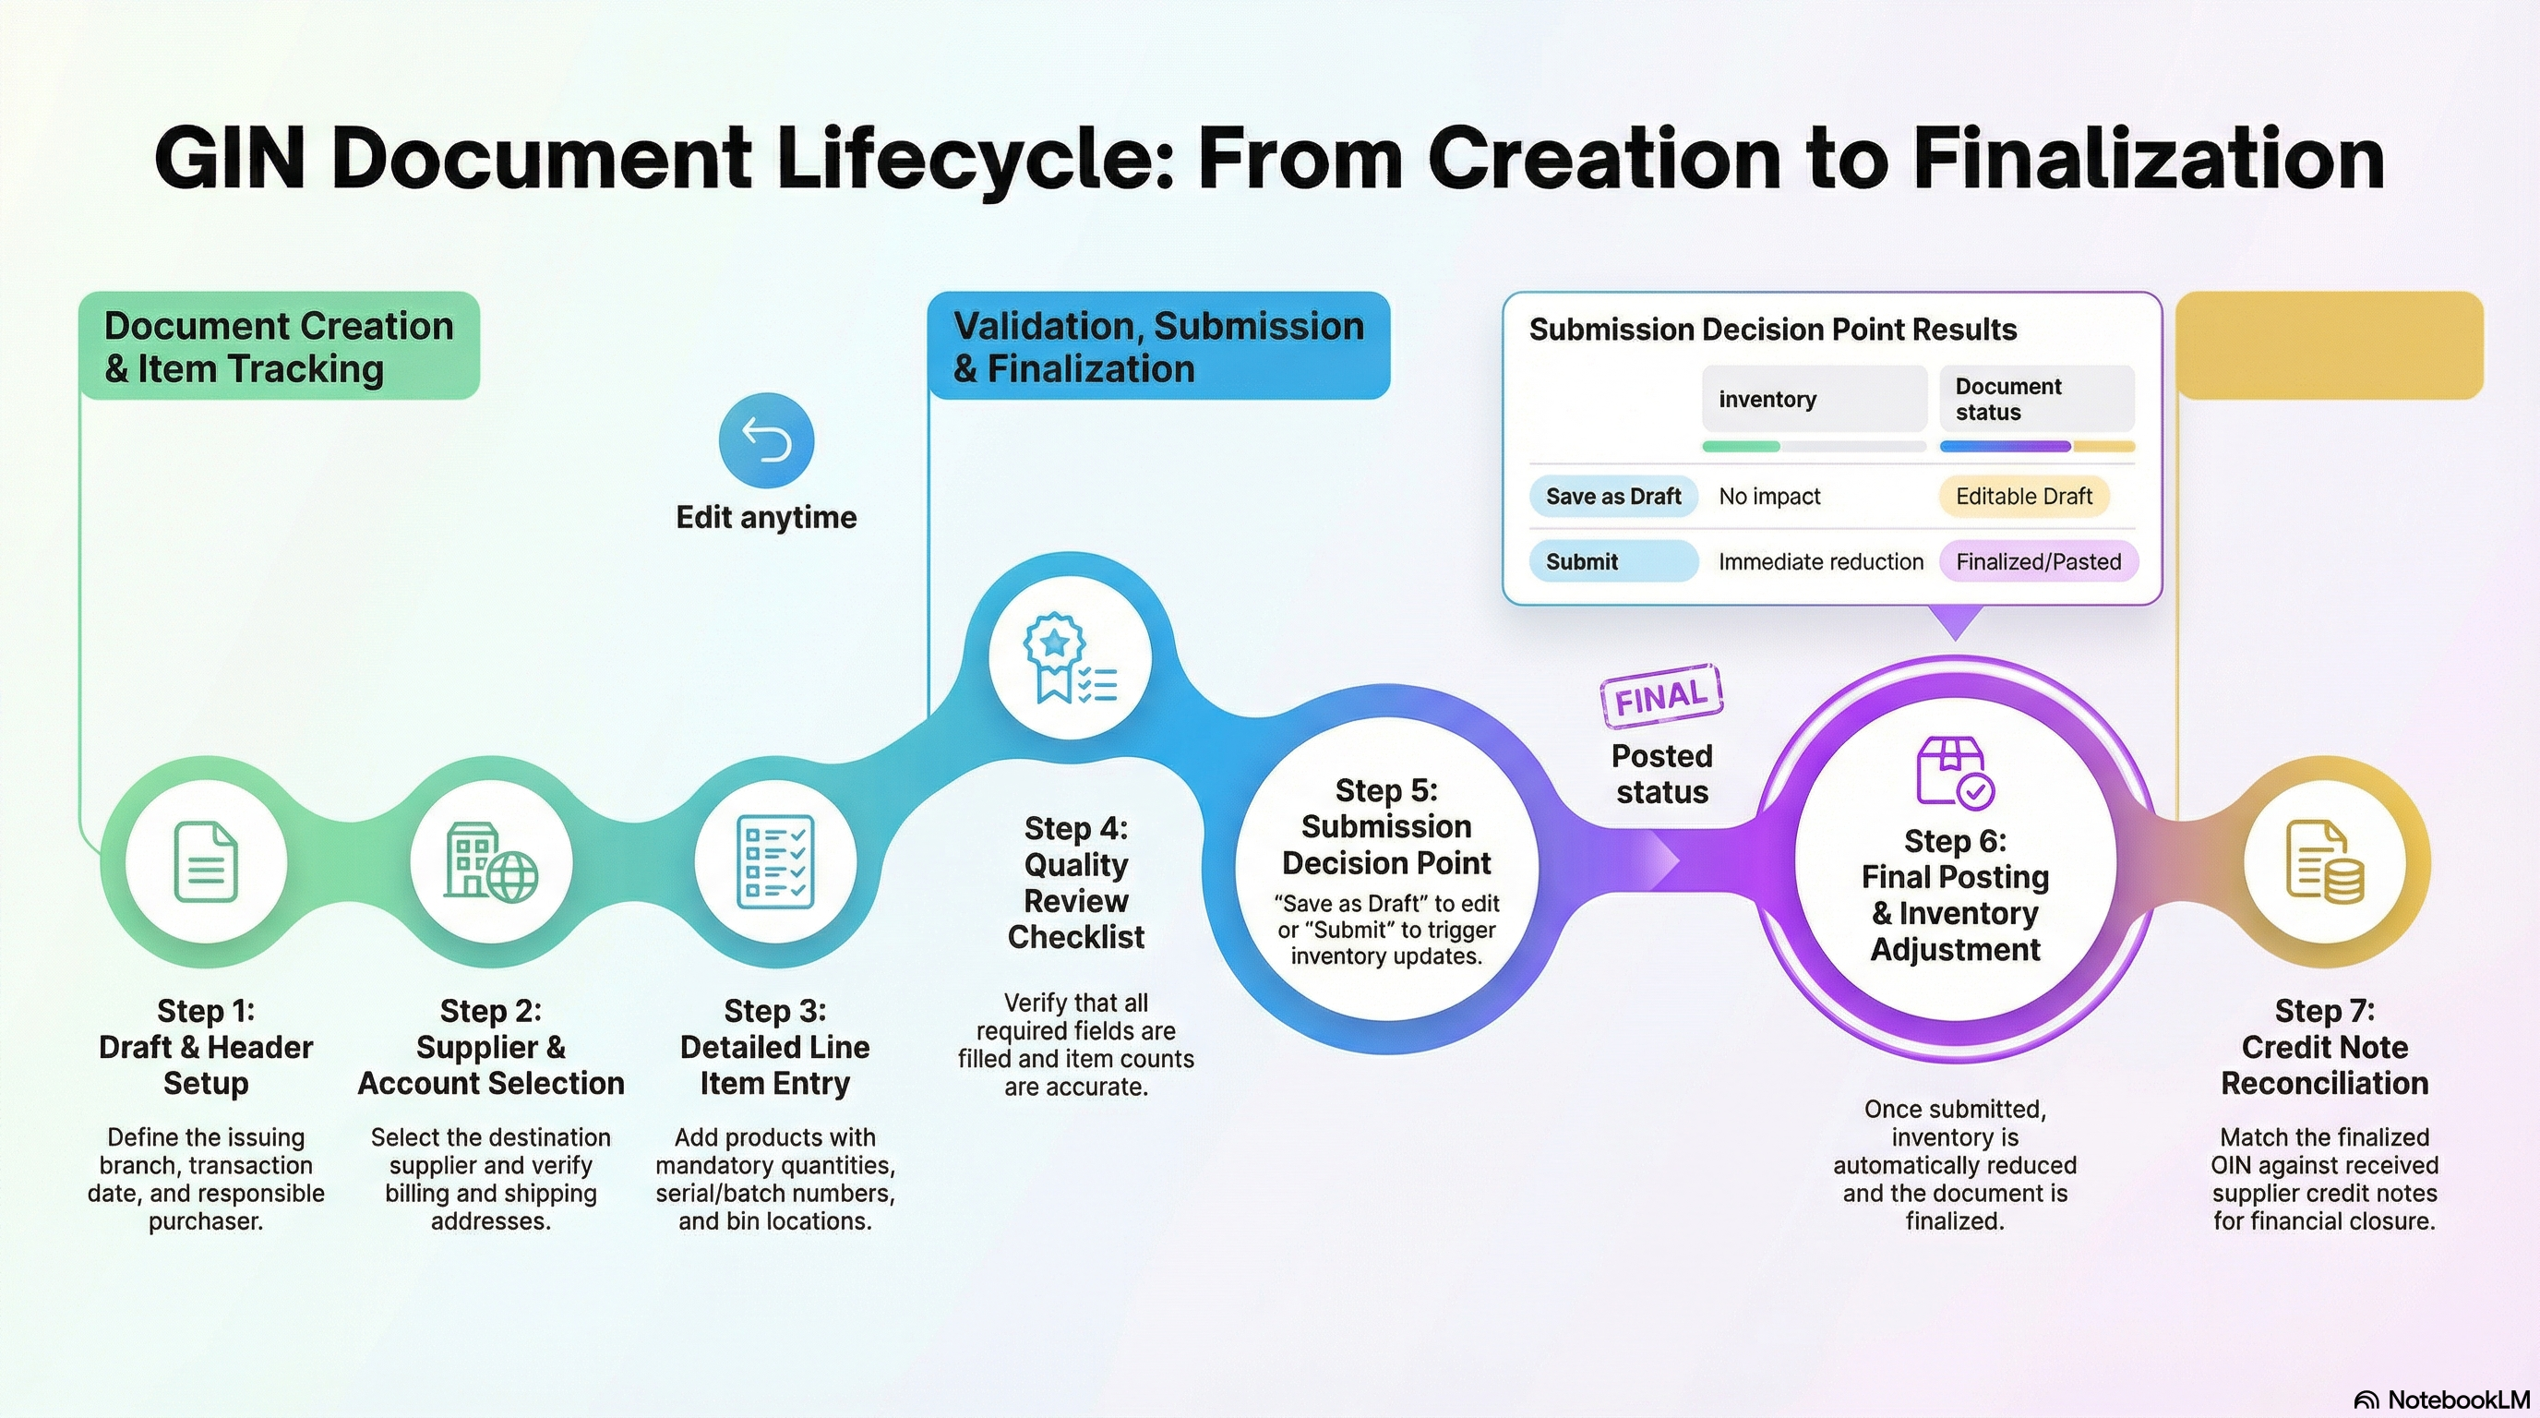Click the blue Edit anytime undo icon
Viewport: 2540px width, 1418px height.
pos(766,439)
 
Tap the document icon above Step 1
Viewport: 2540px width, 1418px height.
pos(205,862)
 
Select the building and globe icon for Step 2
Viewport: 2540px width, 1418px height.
pos(491,862)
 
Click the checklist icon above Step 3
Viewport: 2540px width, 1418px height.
pos(775,862)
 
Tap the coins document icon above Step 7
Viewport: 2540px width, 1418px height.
pos(2324,862)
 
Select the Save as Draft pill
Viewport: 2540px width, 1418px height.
pos(1613,496)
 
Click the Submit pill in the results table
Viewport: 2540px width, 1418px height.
pos(1613,561)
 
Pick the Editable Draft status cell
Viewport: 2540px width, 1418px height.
pos(2023,496)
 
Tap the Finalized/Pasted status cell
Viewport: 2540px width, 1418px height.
pos(2038,561)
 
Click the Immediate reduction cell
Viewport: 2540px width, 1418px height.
pos(1820,561)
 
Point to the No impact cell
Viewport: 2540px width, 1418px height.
pos(1769,496)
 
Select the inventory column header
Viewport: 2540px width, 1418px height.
pos(1814,399)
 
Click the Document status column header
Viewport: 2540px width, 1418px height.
pos(2036,399)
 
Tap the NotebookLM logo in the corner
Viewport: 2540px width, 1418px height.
pos(2441,1400)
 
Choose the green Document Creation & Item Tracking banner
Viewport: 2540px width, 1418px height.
pos(279,346)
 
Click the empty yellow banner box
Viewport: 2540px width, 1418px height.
pos(2329,346)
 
